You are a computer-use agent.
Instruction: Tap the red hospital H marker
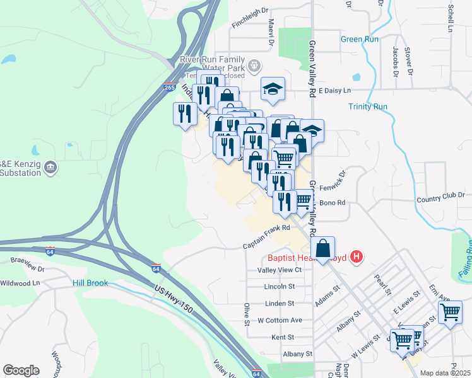[357, 256]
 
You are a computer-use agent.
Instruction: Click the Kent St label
[283, 338]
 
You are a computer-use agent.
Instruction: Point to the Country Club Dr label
[444, 200]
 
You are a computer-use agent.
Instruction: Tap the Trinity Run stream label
[367, 106]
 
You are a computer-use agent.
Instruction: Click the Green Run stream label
[360, 39]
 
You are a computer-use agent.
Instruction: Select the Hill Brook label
[90, 283]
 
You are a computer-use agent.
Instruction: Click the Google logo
[21, 370]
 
